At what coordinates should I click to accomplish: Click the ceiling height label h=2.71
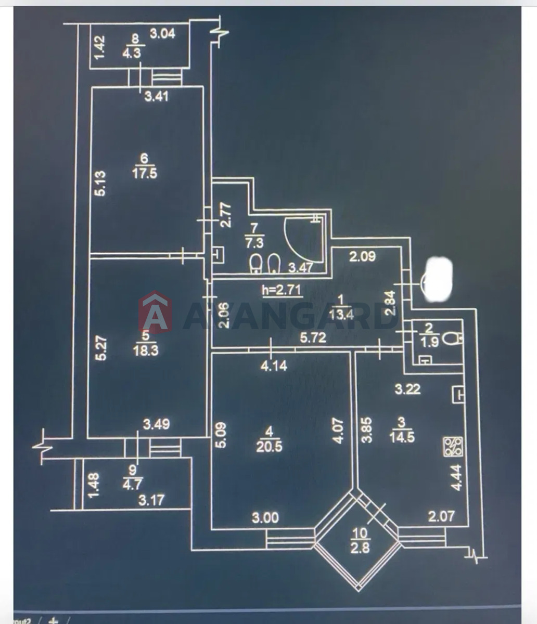pos(282,290)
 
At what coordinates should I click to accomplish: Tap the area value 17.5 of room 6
pos(144,174)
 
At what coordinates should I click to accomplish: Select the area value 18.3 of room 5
pos(146,351)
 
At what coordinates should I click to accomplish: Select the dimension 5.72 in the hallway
pos(313,338)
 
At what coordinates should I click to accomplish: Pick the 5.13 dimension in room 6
pos(102,183)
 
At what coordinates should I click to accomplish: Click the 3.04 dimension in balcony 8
pos(162,33)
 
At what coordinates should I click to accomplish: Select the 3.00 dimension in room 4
pos(265,518)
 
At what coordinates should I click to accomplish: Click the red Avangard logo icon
pos(155,312)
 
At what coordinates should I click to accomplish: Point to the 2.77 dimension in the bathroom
pos(226,216)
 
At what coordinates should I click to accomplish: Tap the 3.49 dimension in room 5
pos(156,424)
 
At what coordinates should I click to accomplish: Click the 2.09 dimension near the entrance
pos(363,256)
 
